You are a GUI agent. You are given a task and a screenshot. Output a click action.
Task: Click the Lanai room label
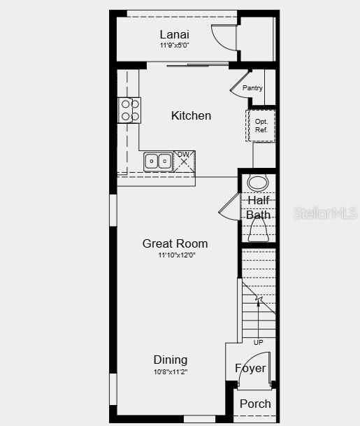pyautogui.click(x=174, y=34)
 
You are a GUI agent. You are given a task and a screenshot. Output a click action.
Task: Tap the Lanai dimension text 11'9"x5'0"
pyautogui.click(x=174, y=45)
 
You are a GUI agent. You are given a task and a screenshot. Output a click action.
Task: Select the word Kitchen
pyautogui.click(x=191, y=115)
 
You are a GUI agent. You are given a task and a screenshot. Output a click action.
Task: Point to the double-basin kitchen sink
pyautogui.click(x=159, y=161)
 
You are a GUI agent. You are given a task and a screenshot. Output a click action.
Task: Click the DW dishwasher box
pyautogui.click(x=185, y=160)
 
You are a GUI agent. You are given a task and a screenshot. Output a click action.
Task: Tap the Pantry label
pyautogui.click(x=252, y=88)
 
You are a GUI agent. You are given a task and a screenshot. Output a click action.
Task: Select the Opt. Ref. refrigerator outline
pyautogui.click(x=261, y=126)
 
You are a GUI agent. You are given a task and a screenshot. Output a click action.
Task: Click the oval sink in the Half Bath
pyautogui.click(x=258, y=184)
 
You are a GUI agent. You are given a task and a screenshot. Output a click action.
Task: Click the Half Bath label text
pyautogui.click(x=258, y=208)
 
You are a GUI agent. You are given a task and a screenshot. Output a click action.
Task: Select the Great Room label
pyautogui.click(x=175, y=243)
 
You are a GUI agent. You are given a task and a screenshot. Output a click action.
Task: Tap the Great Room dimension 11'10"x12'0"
pyautogui.click(x=175, y=255)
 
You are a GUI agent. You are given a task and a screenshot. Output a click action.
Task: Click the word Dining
pyautogui.click(x=171, y=360)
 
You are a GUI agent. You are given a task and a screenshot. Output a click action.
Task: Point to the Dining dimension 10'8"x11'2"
pyautogui.click(x=171, y=371)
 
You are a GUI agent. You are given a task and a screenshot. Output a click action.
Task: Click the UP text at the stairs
pyautogui.click(x=259, y=343)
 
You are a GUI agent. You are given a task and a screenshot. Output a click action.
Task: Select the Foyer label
pyautogui.click(x=250, y=368)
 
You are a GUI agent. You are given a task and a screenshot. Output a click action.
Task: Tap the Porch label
pyautogui.click(x=255, y=404)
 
